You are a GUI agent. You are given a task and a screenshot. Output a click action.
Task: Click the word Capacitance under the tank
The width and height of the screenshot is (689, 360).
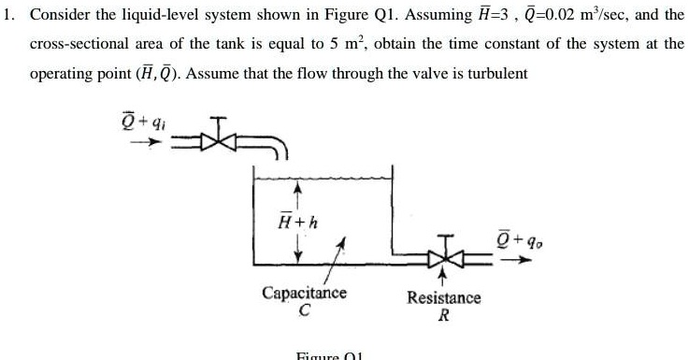304,293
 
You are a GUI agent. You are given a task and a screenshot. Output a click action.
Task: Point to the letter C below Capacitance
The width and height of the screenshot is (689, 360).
304,310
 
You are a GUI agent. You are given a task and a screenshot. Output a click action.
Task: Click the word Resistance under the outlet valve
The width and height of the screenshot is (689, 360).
444,297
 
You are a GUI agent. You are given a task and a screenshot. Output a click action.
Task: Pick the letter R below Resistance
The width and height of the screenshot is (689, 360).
444,315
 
